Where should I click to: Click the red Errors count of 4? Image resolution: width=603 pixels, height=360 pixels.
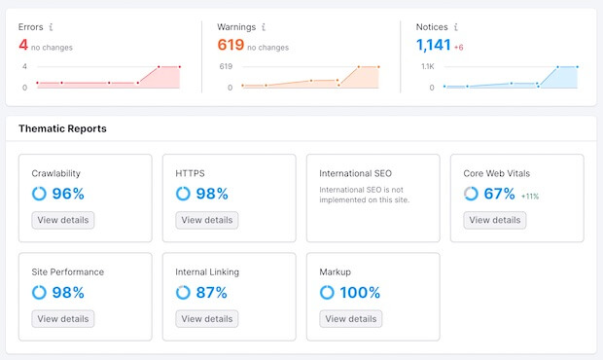click(23, 45)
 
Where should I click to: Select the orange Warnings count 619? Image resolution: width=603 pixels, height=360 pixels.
click(230, 45)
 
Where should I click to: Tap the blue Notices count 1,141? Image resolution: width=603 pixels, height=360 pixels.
click(435, 45)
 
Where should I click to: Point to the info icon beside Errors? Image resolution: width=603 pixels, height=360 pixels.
click(52, 27)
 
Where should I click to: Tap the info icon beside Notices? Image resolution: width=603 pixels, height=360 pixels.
click(454, 27)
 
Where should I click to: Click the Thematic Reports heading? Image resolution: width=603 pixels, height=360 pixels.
click(62, 128)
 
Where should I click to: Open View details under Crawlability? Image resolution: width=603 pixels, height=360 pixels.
click(63, 220)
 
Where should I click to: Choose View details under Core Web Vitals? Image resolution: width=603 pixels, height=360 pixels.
click(495, 220)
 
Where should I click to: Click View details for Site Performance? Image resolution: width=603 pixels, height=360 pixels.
click(63, 318)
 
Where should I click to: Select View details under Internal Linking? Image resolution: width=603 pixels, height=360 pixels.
click(207, 318)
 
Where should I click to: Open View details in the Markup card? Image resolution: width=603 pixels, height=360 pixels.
click(351, 318)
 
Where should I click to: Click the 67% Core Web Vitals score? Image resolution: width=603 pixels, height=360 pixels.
click(499, 194)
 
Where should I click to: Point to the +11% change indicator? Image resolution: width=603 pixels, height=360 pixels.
click(530, 196)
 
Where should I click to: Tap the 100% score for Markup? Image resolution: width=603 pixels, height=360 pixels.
click(360, 292)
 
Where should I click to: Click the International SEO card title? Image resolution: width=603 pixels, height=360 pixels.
click(355, 173)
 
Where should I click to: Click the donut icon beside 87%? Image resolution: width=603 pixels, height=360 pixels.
click(183, 292)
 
